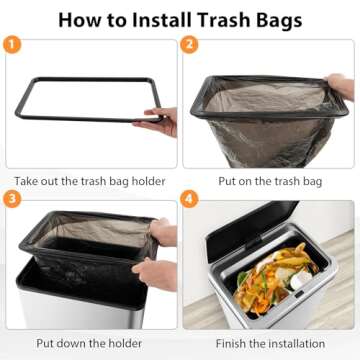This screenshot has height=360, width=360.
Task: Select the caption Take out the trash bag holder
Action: [90, 182]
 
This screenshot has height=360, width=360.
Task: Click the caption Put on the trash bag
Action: [270, 182]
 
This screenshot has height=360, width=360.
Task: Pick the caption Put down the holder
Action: [90, 343]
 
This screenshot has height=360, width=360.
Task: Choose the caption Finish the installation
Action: [270, 343]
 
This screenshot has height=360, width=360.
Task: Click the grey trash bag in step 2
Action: [265, 120]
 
